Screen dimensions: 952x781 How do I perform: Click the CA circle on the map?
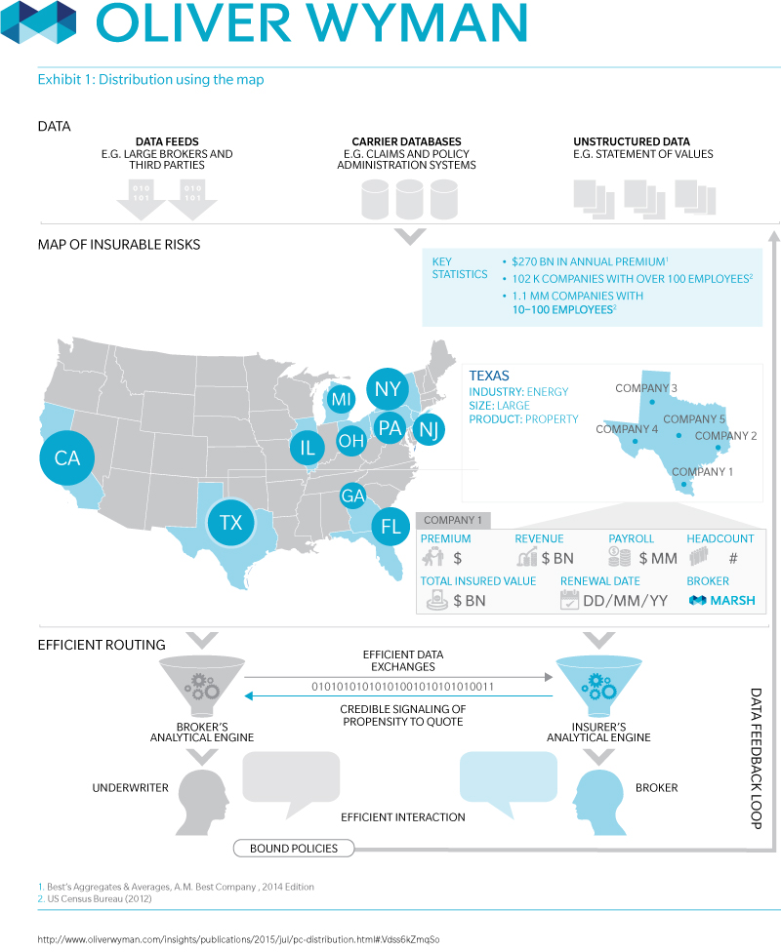(66, 456)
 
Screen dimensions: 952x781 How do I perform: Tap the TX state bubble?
(230, 522)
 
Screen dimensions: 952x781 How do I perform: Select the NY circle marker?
(388, 389)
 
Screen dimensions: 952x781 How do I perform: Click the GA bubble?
(353, 496)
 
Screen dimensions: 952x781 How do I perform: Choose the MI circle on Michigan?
(341, 399)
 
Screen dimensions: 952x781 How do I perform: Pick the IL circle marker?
(308, 448)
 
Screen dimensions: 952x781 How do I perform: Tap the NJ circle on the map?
(427, 429)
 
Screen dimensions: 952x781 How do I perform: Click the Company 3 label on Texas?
(646, 388)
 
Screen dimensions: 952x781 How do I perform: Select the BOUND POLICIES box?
(294, 848)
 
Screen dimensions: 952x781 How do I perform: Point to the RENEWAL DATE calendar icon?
(569, 601)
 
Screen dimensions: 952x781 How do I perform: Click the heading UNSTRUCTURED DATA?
(631, 141)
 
